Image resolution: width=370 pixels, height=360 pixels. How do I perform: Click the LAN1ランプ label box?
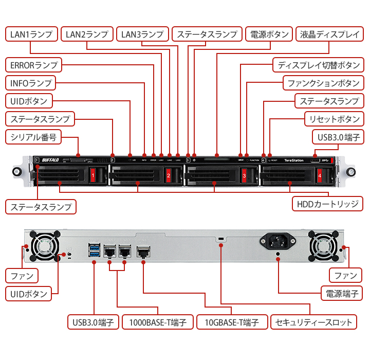tap(31, 34)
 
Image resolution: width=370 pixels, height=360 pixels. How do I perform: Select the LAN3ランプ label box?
tap(141, 34)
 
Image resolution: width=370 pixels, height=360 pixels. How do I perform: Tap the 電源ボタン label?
tap(269, 34)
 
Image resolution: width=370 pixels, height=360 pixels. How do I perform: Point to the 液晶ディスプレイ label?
tap(329, 34)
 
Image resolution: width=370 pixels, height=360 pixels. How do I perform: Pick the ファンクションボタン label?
tap(323, 83)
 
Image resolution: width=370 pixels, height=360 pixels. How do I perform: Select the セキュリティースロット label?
tap(313, 322)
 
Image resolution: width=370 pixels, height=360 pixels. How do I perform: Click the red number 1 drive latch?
tap(93, 176)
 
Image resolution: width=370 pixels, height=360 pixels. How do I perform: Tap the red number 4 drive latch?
tap(320, 176)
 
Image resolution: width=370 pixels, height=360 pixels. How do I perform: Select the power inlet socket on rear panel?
tap(278, 240)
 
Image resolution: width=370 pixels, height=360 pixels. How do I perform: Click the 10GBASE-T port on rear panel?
tap(143, 251)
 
